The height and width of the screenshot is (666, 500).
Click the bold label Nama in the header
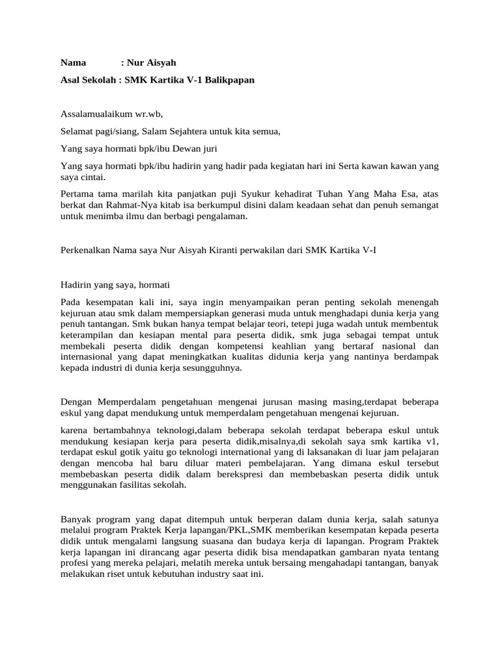point(74,62)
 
